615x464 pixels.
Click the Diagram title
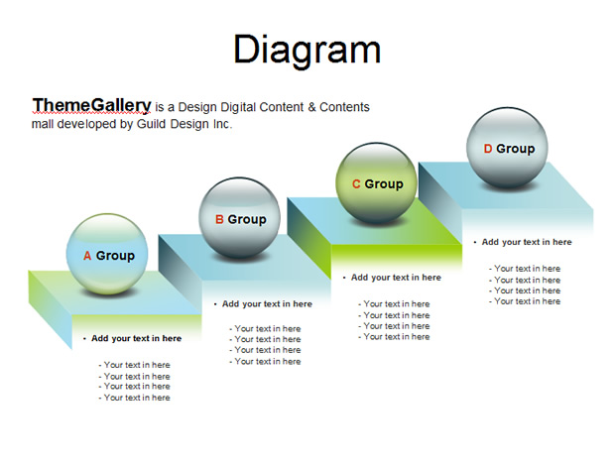pos(307,50)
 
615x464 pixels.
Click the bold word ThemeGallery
pos(91,105)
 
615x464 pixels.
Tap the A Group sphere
pos(107,254)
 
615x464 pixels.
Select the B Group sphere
pos(239,218)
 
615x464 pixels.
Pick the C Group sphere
pos(377,183)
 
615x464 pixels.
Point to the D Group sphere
pos(507,148)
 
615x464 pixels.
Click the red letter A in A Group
pos(87,256)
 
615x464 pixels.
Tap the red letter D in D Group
pos(488,149)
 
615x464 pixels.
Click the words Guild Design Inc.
pos(184,124)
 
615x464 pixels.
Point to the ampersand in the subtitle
pos(311,107)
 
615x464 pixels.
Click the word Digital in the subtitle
pos(238,107)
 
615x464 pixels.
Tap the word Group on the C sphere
pos(384,183)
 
